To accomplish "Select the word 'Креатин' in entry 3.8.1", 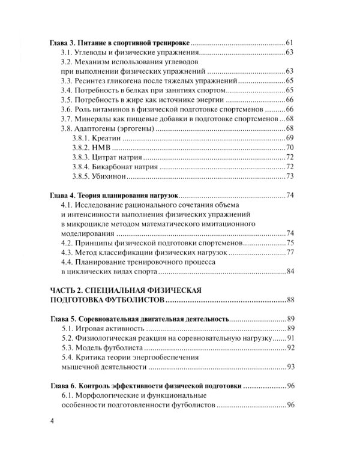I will (107, 139).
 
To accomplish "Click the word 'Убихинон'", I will (109, 176).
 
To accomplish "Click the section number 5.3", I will (68, 349).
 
